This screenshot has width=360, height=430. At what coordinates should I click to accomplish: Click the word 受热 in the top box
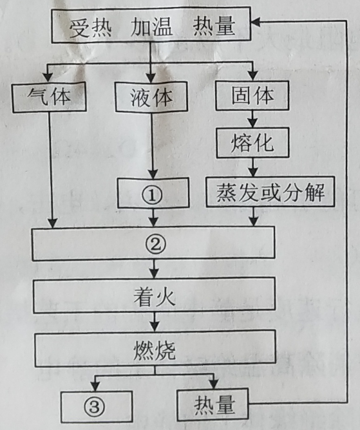click(90, 27)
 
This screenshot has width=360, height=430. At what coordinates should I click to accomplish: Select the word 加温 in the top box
click(152, 26)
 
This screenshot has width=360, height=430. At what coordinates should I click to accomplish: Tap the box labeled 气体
click(49, 97)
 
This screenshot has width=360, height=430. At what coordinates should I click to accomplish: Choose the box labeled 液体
click(151, 97)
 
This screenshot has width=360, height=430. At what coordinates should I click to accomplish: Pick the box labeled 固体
click(252, 95)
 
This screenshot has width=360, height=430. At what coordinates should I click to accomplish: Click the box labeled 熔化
click(252, 143)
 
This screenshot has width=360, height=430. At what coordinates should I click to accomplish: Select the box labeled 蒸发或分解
click(270, 192)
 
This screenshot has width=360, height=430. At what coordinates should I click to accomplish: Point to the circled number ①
click(152, 195)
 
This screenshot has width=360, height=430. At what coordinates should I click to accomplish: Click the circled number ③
click(94, 407)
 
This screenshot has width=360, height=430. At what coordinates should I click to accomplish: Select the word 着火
click(154, 297)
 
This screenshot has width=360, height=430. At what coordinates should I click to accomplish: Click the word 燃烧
click(154, 351)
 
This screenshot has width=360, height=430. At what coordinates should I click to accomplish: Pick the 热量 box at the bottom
click(213, 405)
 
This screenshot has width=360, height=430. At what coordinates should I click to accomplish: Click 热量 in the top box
click(214, 26)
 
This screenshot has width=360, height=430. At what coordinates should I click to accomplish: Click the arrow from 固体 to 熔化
click(252, 118)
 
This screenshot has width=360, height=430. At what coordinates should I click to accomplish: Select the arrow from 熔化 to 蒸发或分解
click(253, 167)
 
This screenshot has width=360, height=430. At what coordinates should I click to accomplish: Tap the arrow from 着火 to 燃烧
click(155, 322)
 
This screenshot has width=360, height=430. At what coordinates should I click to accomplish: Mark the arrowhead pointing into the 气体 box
click(48, 77)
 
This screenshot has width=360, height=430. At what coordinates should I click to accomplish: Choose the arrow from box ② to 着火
click(154, 268)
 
